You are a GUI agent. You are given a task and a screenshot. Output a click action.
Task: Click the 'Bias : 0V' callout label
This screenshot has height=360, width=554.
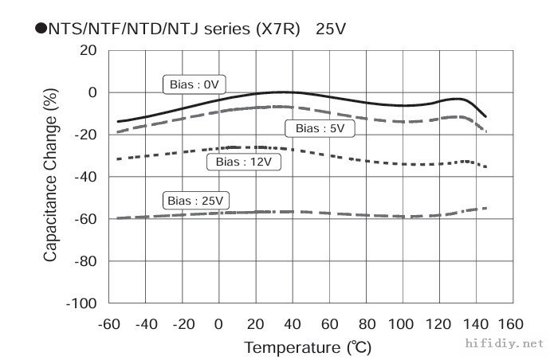click(x=194, y=84)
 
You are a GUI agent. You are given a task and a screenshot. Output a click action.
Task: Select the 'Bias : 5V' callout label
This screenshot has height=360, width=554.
click(x=320, y=127)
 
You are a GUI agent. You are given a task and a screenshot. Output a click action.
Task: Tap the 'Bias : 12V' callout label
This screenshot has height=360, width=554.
click(x=238, y=162)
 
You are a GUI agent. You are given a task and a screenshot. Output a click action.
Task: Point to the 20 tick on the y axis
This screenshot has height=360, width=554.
click(x=87, y=50)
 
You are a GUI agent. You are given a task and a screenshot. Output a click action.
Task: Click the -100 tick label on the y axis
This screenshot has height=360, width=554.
click(x=81, y=303)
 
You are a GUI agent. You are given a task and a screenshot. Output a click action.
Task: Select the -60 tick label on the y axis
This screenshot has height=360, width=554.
click(x=85, y=219)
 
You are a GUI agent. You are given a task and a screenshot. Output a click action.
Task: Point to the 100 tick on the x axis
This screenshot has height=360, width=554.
click(x=402, y=324)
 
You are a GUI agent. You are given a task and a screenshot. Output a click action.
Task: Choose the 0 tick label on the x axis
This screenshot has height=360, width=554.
click(x=219, y=324)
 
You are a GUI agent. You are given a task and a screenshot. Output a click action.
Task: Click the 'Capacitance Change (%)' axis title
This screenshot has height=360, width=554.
click(x=51, y=177)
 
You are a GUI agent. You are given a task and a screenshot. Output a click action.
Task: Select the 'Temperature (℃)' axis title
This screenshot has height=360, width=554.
click(x=307, y=348)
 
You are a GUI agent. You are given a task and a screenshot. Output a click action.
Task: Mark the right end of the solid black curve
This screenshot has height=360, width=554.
click(x=485, y=116)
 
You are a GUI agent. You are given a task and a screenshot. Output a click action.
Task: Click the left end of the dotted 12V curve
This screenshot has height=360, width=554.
click(x=118, y=159)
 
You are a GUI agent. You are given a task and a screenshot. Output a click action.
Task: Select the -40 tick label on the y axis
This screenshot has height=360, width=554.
click(x=85, y=177)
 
